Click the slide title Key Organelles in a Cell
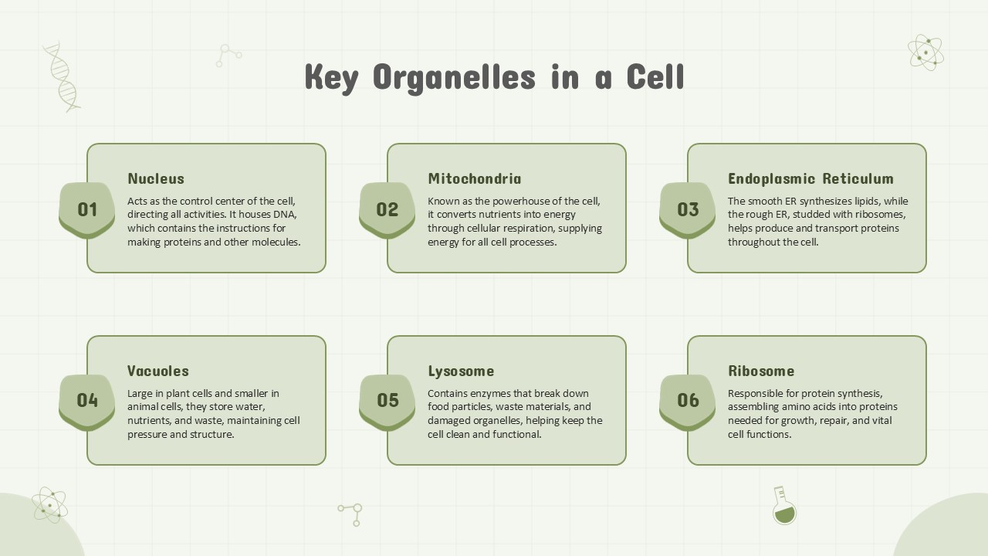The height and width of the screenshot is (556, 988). (x=494, y=77)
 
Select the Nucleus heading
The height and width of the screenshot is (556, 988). (x=156, y=178)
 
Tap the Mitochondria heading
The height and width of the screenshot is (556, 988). (x=474, y=178)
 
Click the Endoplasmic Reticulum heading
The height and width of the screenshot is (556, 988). (x=810, y=178)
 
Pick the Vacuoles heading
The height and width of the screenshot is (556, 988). (x=157, y=371)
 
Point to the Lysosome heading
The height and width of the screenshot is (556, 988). (x=461, y=371)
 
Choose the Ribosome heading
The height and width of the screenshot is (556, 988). (x=761, y=371)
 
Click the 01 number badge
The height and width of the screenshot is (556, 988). (x=87, y=209)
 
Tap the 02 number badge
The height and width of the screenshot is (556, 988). (x=387, y=209)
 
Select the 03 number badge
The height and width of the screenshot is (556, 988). (x=688, y=209)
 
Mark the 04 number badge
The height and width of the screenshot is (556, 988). (x=87, y=400)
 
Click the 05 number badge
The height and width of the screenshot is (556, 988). (x=387, y=400)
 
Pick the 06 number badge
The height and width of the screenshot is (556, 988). (x=688, y=400)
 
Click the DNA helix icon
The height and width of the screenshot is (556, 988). (x=62, y=77)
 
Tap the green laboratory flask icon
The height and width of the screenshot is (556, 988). (x=783, y=506)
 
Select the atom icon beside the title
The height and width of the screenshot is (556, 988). (x=925, y=53)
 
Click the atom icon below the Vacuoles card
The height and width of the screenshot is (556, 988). (x=49, y=505)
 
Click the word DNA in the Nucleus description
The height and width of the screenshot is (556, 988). (x=285, y=215)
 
